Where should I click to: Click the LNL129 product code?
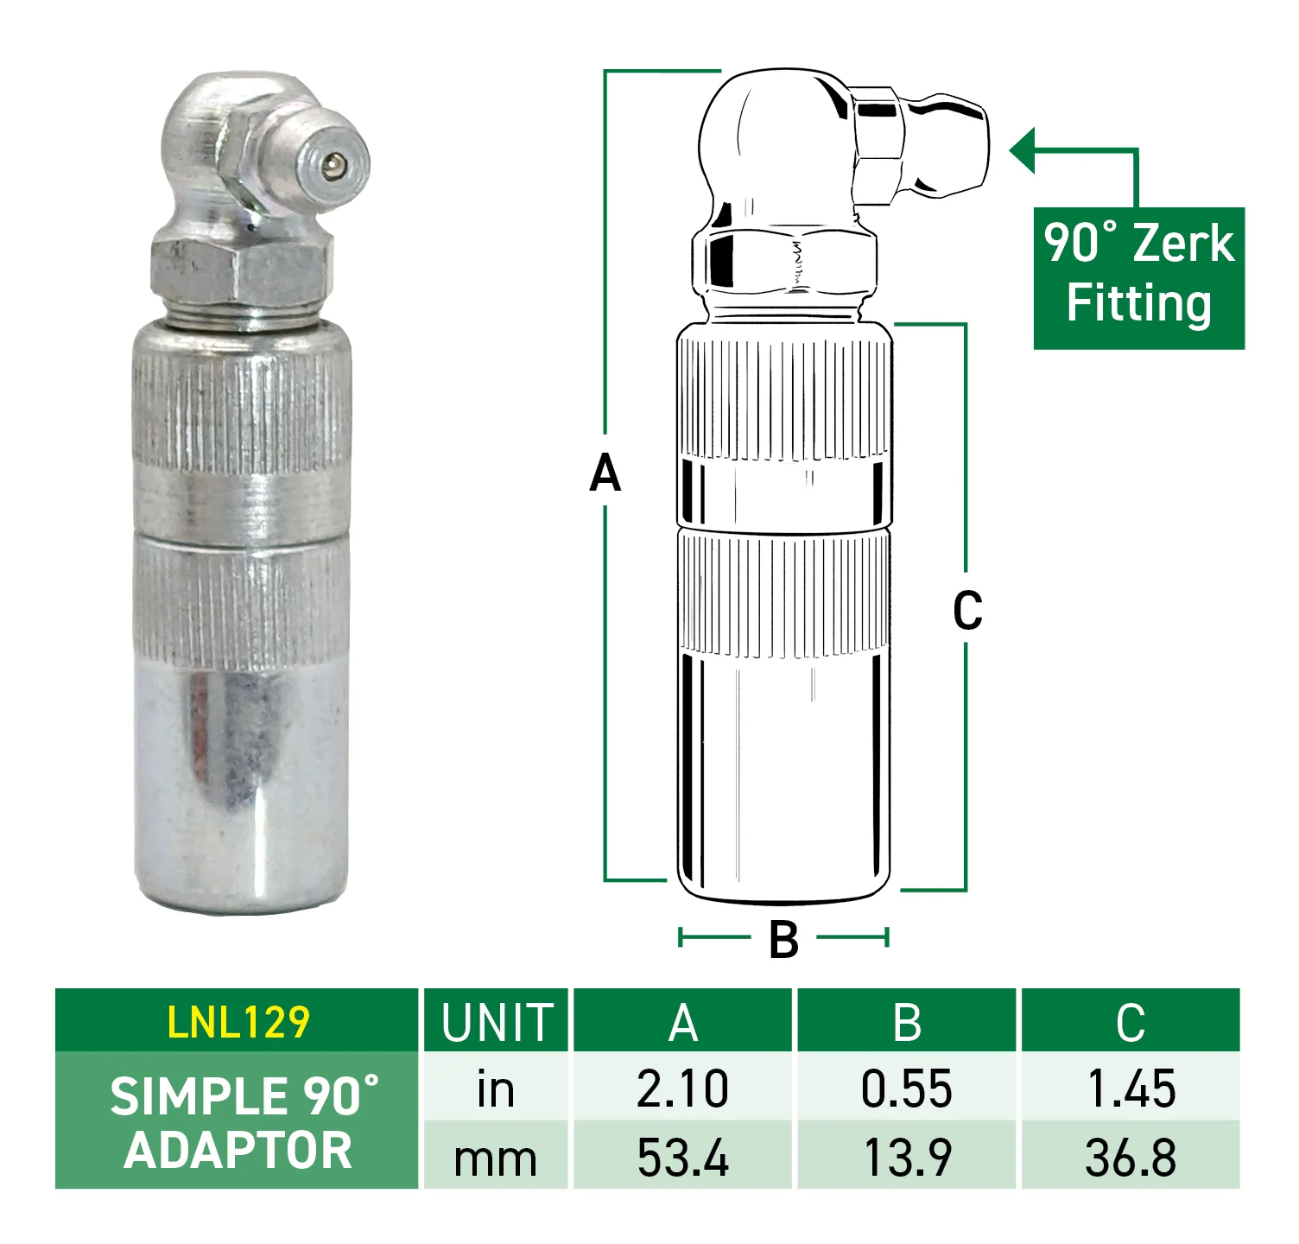click(x=238, y=1022)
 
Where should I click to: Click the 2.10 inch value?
click(x=683, y=1088)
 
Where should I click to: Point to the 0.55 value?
click(x=907, y=1088)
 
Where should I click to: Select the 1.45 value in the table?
click(x=1131, y=1088)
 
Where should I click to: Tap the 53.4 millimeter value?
click(x=683, y=1158)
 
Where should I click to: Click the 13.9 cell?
click(x=907, y=1158)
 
